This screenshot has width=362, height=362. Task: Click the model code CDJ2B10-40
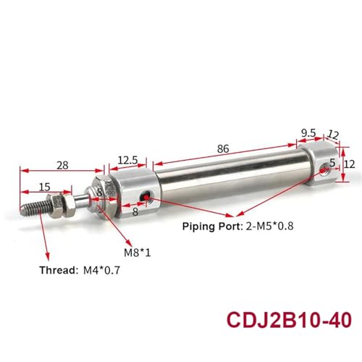[289, 320]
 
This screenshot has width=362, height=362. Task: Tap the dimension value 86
[223, 149]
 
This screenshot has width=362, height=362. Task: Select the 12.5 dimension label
[127, 160]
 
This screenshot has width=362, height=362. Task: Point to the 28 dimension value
[62, 166]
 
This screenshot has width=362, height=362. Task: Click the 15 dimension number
[45, 187]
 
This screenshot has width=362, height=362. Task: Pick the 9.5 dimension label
[308, 133]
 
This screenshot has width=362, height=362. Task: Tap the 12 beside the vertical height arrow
[349, 164]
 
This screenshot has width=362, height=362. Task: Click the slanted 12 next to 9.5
[333, 135]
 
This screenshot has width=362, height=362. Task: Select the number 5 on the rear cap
[332, 163]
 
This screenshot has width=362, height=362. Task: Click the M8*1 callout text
[138, 253]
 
